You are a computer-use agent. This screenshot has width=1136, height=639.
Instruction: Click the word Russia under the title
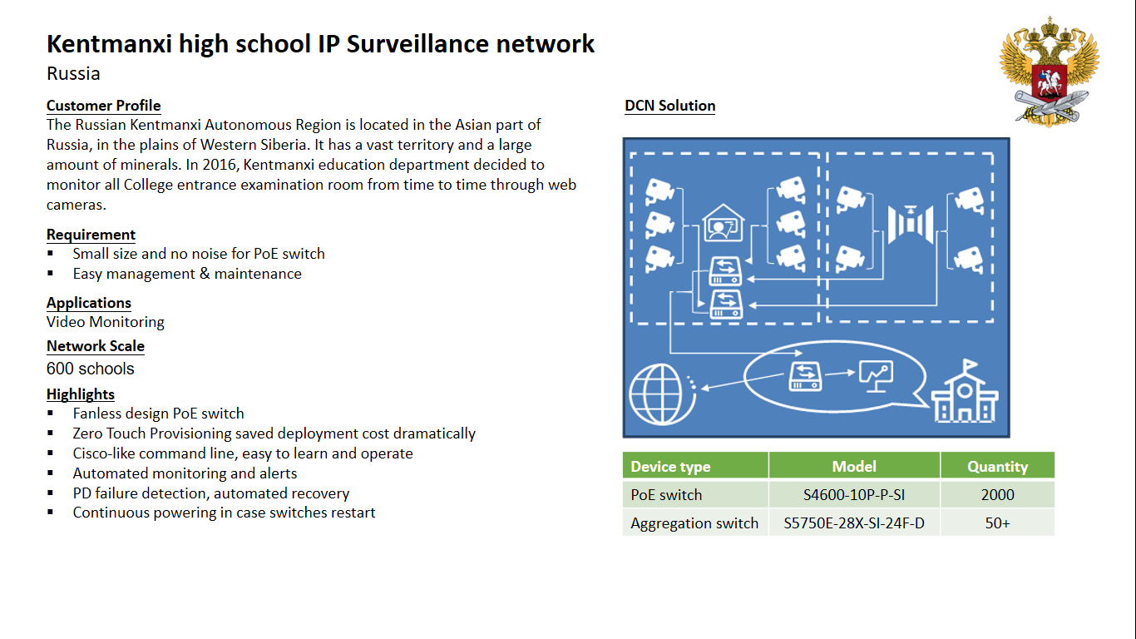pos(73,74)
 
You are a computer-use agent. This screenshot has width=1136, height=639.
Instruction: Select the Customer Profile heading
pos(103,106)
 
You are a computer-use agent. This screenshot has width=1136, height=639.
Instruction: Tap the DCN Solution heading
pos(669,106)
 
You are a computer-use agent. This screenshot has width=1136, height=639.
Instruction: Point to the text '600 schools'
pos(90,369)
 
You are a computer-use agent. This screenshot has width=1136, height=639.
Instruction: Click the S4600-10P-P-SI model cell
pos(853,495)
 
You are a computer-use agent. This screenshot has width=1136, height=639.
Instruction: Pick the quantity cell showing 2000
pos(997,495)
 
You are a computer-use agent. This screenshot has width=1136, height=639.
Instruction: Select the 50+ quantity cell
pos(997,523)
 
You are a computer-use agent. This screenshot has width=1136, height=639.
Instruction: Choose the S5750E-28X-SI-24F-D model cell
pos(853,523)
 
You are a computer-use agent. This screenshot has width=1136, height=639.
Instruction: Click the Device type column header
pos(670,467)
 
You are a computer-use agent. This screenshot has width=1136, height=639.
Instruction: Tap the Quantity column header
pos(997,467)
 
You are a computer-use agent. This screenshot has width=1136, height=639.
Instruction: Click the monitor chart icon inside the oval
pos(876,377)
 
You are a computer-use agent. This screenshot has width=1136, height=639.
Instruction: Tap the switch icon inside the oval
pos(804,375)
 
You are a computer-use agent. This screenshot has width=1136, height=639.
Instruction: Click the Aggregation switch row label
pos(694,523)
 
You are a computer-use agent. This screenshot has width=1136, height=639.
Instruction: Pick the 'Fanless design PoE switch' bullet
pos(158,414)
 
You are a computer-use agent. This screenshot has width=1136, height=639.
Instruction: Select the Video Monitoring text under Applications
pos(106,322)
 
